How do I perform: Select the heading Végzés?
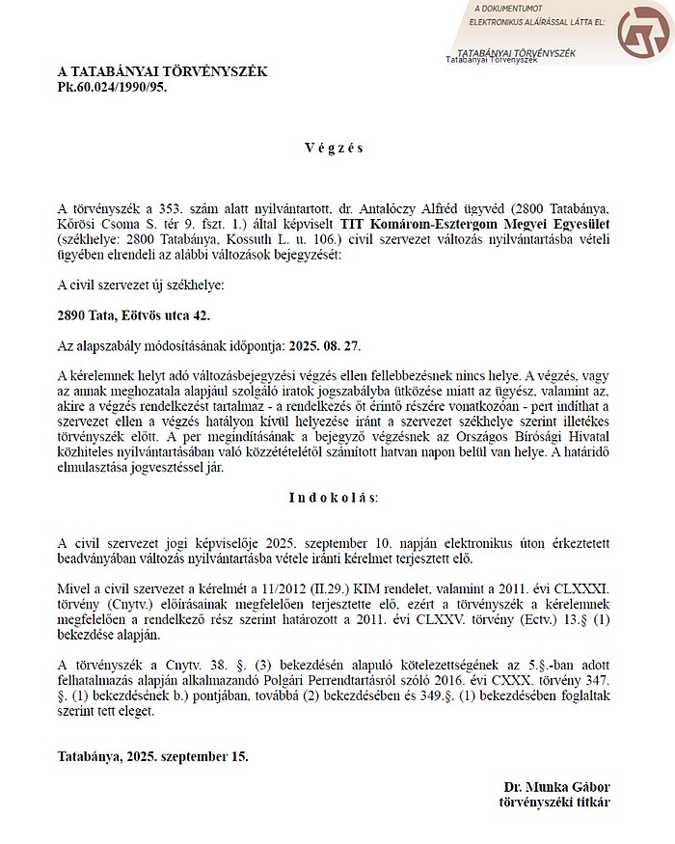(334, 149)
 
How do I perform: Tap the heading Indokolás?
(334, 498)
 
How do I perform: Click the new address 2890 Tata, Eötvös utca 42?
(133, 315)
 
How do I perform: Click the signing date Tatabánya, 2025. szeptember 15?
(153, 756)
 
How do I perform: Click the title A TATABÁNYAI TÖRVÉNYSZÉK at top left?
(162, 71)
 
